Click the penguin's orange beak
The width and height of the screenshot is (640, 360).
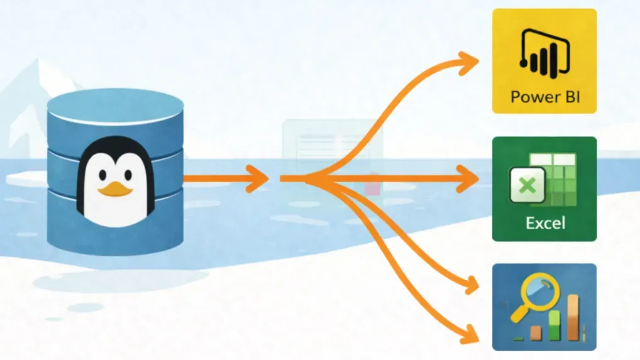tap(114, 188)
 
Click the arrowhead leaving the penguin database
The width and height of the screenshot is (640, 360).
tap(258, 178)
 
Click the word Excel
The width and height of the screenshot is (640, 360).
tap(545, 222)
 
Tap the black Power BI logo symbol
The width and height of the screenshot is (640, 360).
tap(544, 57)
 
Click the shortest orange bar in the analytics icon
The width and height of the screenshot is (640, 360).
tap(536, 332)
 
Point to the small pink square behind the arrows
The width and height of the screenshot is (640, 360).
tap(372, 187)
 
